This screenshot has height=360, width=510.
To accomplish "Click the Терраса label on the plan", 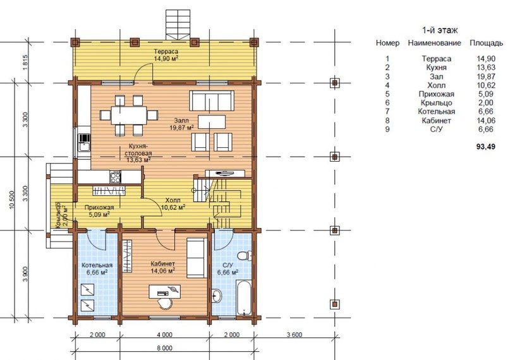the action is point(166,51).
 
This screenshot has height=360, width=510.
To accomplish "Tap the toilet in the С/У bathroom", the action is point(245,255).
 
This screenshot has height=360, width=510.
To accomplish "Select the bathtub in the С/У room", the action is point(244,297).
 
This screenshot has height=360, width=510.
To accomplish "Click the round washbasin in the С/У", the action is point(216,296).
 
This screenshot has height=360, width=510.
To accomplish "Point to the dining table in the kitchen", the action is point(129,115).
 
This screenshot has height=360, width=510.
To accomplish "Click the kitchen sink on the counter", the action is point(84,143).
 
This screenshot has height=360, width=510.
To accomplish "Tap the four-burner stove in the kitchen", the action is point(115,177).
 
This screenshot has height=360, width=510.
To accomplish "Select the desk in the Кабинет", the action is point(164,291).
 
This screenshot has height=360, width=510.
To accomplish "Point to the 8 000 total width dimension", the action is point(164,348).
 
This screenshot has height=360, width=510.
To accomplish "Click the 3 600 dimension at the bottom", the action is point(294,335).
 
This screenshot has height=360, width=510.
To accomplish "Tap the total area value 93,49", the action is point(485,147).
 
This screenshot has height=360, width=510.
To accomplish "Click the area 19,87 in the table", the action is point(486,76).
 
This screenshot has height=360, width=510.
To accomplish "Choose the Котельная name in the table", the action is point(436,112).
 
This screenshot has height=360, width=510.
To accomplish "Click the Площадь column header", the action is point(486,43).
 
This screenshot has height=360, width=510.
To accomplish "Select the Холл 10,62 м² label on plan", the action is point(173,204).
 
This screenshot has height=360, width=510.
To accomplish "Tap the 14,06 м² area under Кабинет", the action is point(162,270).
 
